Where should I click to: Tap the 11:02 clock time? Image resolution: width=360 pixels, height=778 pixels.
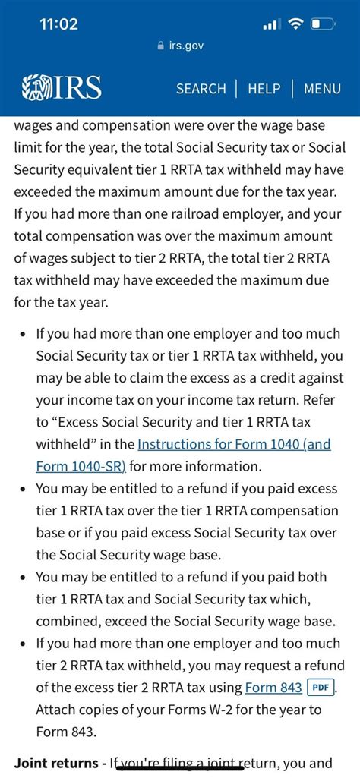pyautogui.click(x=58, y=24)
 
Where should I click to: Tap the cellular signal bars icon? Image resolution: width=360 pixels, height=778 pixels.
pyautogui.click(x=270, y=25)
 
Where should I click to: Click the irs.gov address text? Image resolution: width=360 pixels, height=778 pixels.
pyautogui.click(x=186, y=46)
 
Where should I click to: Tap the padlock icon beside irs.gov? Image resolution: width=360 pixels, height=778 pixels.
pyautogui.click(x=159, y=46)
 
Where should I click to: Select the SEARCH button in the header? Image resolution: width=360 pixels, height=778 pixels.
pyautogui.click(x=201, y=89)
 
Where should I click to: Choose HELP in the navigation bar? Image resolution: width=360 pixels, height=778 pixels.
pyautogui.click(x=264, y=89)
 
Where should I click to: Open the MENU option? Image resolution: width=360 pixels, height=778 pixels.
pyautogui.click(x=322, y=89)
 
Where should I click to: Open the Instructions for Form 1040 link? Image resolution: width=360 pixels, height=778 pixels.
pyautogui.click(x=223, y=444)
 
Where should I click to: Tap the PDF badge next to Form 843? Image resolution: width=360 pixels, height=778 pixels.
pyautogui.click(x=319, y=688)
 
